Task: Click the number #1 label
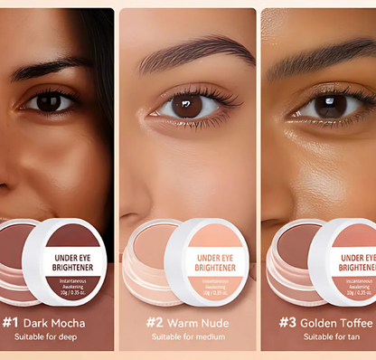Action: coord(11,321)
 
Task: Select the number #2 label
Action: coord(155,322)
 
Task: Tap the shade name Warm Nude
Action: coord(199,322)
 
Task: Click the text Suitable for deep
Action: coord(44,336)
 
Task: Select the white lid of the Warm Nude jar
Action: coord(207,261)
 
